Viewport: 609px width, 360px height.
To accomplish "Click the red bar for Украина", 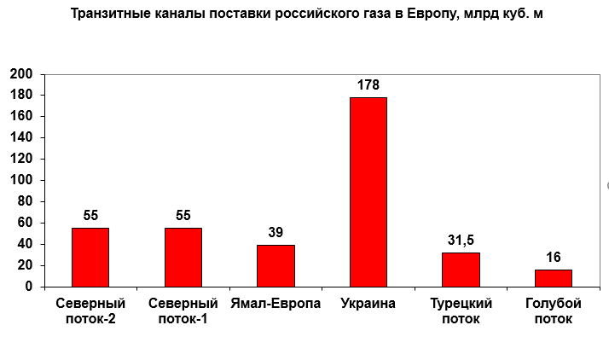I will [368, 192].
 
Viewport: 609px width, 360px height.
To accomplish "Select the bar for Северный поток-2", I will [90, 257].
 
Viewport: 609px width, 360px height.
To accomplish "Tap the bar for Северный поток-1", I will [183, 257].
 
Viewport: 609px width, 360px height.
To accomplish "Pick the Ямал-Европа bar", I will [275, 265].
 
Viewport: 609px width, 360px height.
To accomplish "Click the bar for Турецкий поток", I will [461, 270].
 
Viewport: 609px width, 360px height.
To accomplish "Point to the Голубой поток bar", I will [553, 278].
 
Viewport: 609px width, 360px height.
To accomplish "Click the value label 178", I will [368, 85].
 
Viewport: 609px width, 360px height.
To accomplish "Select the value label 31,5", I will [461, 241].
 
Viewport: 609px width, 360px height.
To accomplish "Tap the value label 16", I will [553, 258].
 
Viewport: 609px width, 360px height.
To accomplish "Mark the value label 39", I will [275, 233].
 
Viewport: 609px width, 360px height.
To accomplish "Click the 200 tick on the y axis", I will [21, 74].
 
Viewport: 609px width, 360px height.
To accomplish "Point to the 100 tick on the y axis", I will [21, 180].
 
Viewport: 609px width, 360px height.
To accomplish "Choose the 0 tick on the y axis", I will [28, 287].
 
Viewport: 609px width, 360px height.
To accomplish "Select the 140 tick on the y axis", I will [21, 137].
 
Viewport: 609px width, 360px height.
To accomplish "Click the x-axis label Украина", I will [368, 304].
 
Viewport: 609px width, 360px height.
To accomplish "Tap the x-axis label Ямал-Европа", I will [275, 304].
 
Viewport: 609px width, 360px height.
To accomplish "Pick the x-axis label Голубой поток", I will [553, 311].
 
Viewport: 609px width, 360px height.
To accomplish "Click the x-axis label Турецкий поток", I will [461, 311].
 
